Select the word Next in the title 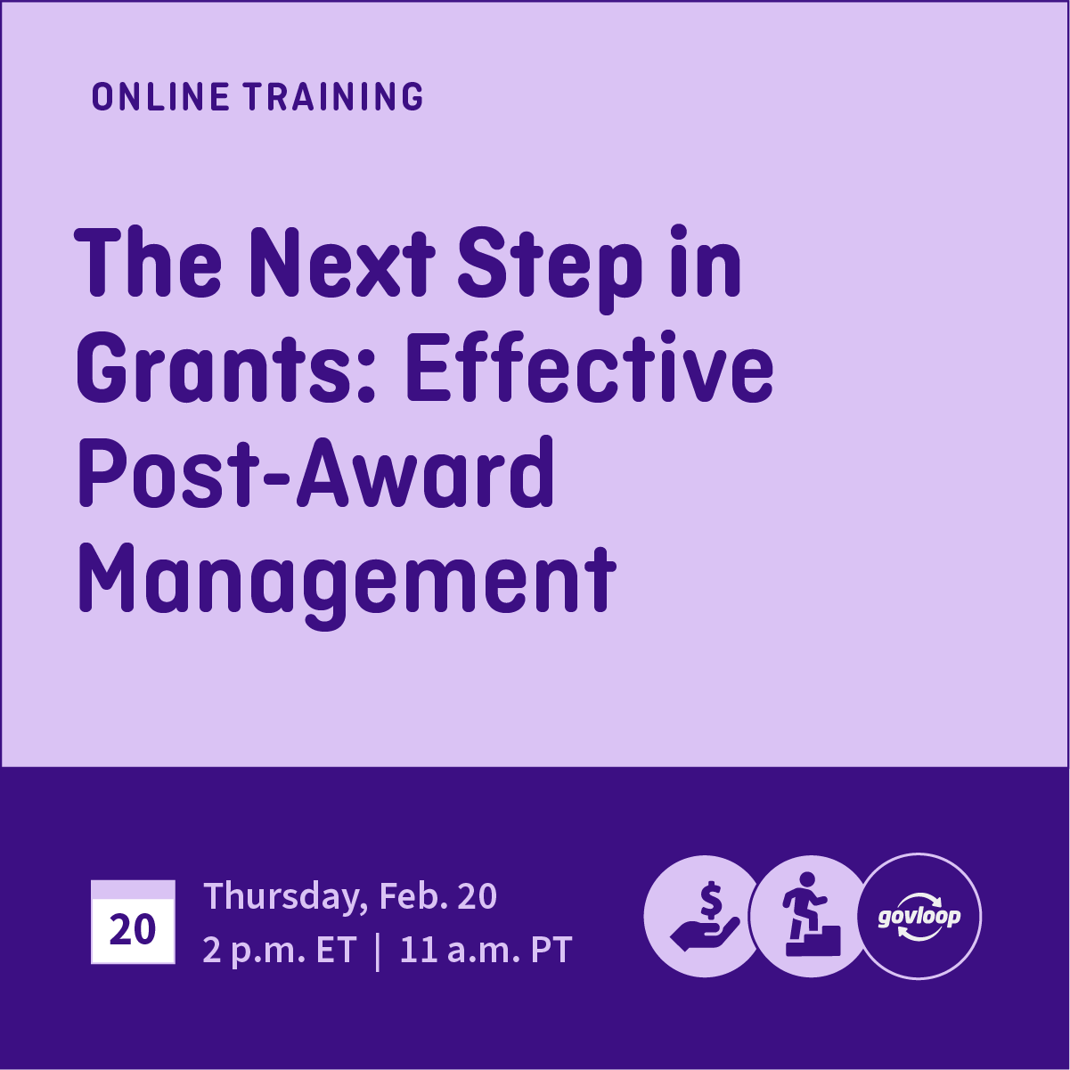pos(342,263)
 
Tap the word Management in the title pos(347,581)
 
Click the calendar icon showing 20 pos(133,922)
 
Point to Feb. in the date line pos(412,896)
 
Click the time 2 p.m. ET pos(279,951)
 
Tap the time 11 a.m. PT pos(485,951)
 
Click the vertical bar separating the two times pos(378,951)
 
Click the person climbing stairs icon pos(810,917)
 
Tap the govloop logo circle pos(919,917)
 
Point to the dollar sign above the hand pos(710,900)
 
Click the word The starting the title pos(149,263)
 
